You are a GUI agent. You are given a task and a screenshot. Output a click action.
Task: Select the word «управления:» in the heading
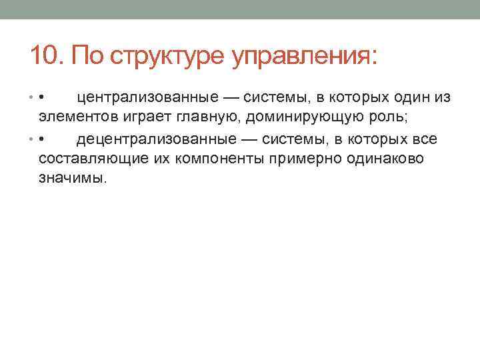(x=303, y=56)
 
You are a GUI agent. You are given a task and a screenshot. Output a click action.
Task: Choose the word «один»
(x=407, y=99)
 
